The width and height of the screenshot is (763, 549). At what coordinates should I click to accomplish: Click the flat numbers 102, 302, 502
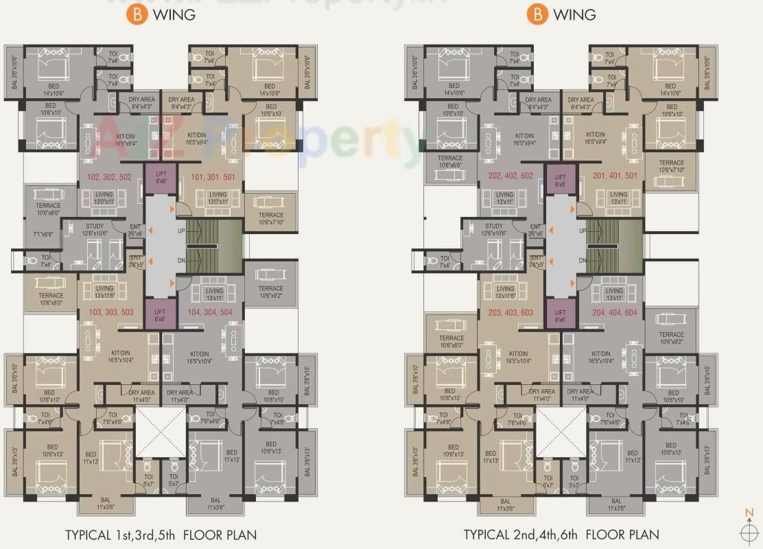click(110, 177)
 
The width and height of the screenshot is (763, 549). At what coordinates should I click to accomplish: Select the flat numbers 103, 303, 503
click(110, 312)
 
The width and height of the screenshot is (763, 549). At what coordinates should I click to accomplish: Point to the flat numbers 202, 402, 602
click(510, 176)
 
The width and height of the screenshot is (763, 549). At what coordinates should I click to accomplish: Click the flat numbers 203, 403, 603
click(511, 312)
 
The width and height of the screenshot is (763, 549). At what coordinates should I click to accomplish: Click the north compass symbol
click(749, 530)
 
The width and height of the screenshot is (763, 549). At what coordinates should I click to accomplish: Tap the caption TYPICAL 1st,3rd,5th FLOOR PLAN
click(161, 535)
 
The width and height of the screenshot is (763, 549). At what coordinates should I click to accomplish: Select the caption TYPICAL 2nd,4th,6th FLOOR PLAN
click(561, 535)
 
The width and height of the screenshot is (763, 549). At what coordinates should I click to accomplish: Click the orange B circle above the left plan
click(140, 14)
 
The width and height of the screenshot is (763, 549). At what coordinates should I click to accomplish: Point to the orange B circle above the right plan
click(539, 14)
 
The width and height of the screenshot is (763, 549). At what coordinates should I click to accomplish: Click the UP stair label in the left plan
click(182, 231)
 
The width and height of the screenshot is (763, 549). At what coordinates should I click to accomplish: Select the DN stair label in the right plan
click(582, 261)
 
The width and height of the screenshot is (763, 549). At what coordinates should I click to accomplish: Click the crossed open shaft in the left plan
click(160, 430)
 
